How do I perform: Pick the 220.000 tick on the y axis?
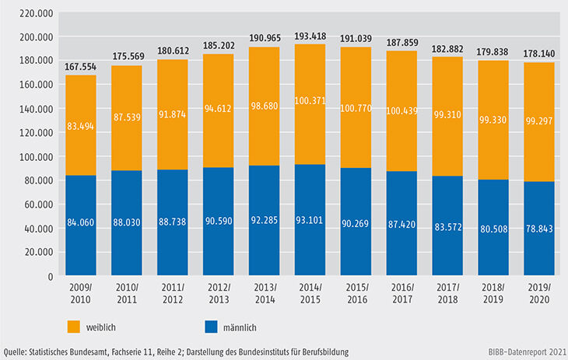pos(35,13)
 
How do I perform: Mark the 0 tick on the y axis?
pos(48,276)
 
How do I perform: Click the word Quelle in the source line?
pos(18,352)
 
